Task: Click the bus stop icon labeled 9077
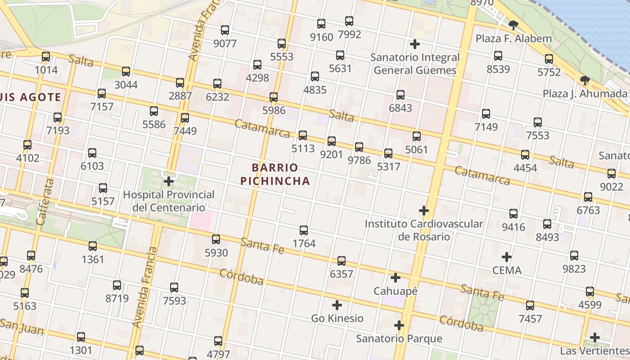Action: pyautogui.click(x=225, y=31)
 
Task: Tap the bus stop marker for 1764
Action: pyautogui.click(x=304, y=230)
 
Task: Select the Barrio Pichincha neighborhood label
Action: pyautogui.click(x=275, y=175)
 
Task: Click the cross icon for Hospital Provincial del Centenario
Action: pyautogui.click(x=169, y=182)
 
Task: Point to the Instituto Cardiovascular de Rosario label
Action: pyautogui.click(x=423, y=230)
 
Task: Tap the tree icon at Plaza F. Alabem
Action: pyautogui.click(x=513, y=25)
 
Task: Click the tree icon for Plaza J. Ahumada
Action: pyautogui.click(x=585, y=81)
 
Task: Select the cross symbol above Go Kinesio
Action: pyautogui.click(x=337, y=305)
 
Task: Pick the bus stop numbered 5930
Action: pyautogui.click(x=216, y=239)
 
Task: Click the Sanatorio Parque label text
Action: pyautogui.click(x=399, y=338)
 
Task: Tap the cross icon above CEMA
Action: pyautogui.click(x=507, y=257)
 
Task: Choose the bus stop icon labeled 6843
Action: pyautogui.click(x=400, y=95)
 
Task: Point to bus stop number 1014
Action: pyautogui.click(x=46, y=57)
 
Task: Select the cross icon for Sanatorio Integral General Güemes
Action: pyautogui.click(x=415, y=44)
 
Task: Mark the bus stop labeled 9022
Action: pyautogui.click(x=611, y=173)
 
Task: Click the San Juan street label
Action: pyautogui.click(x=22, y=327)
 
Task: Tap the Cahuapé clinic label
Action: pyautogui.click(x=396, y=291)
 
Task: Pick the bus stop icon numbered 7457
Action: pyautogui.click(x=530, y=306)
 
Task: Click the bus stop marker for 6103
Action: pyautogui.click(x=92, y=153)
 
